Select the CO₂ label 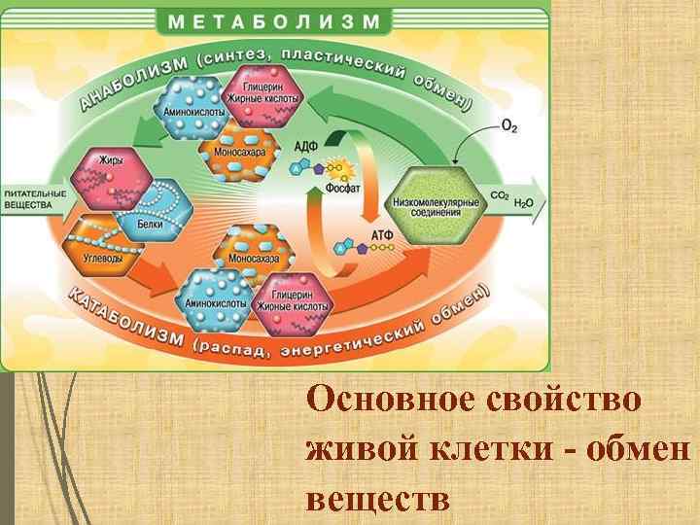500,196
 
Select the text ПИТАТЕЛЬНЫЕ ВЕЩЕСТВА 34,199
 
